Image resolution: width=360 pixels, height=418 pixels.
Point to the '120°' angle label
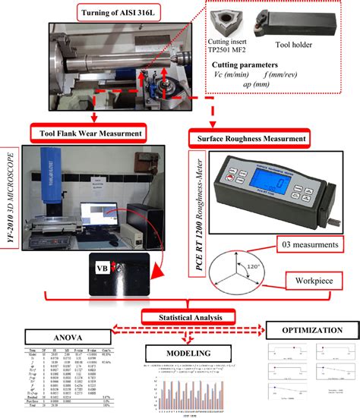point(260,269)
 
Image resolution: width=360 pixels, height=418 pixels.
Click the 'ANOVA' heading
point(64,336)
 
